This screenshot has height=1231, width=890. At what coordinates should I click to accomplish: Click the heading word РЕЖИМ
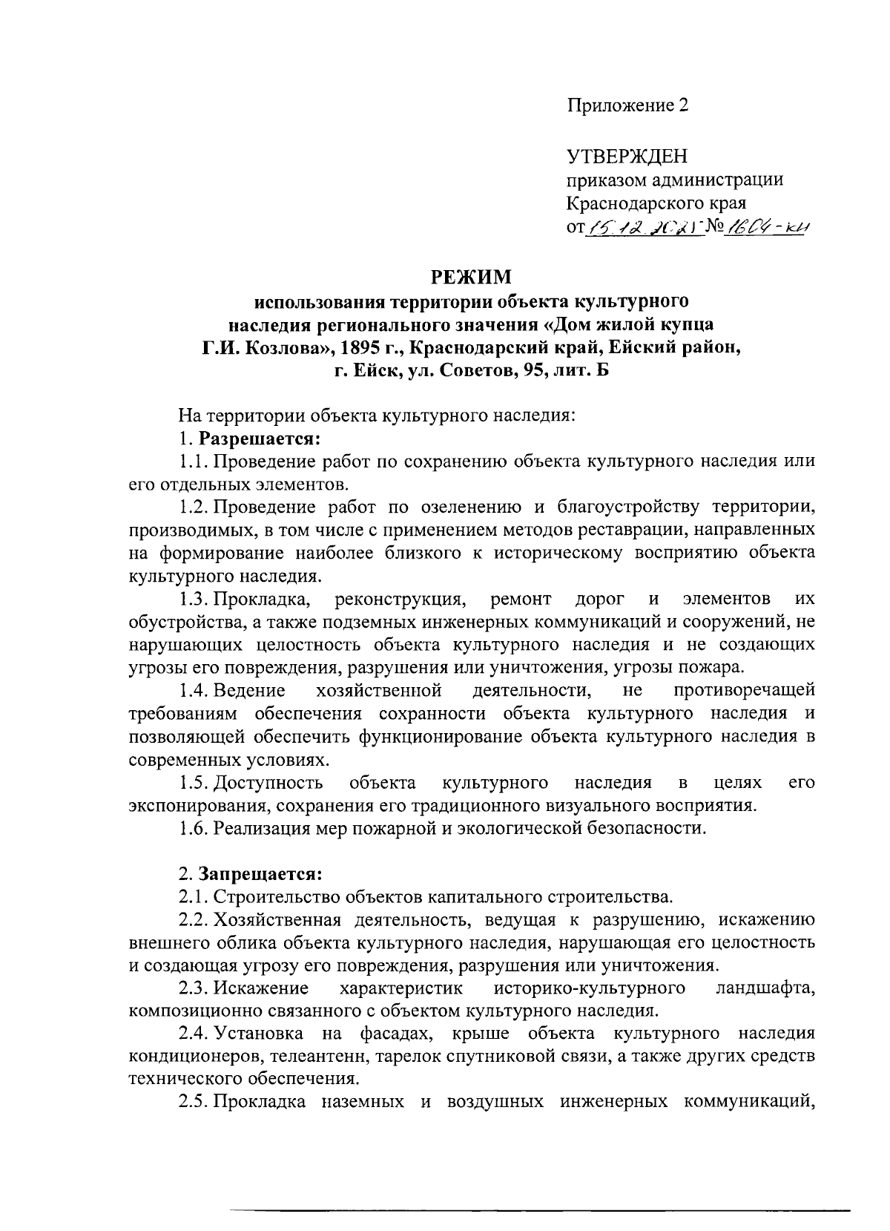click(x=472, y=278)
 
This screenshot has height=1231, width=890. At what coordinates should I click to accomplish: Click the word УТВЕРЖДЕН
click(x=627, y=156)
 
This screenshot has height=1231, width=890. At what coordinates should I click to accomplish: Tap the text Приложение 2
click(x=628, y=105)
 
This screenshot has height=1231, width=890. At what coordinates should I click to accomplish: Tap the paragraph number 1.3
click(x=194, y=598)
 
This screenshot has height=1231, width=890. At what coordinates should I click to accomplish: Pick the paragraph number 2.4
click(x=194, y=1033)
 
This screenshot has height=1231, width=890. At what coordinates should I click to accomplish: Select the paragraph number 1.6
click(x=194, y=828)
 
